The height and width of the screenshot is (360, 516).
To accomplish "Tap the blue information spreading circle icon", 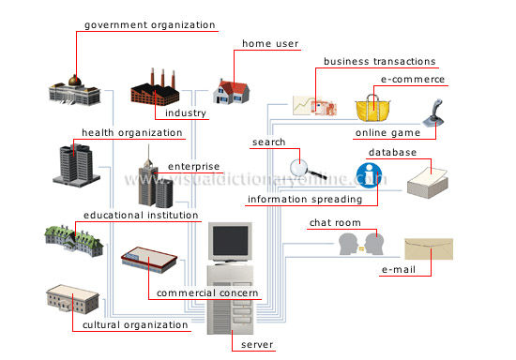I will pos(368,174).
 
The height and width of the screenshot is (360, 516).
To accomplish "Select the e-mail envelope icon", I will pos(429,247).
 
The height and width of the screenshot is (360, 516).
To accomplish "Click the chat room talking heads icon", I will pos(361,244).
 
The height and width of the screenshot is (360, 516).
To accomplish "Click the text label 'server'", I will pos(257,345).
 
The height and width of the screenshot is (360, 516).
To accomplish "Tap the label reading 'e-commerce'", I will pos(413,80).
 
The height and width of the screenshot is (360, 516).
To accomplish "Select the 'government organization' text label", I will pos(149,25).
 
